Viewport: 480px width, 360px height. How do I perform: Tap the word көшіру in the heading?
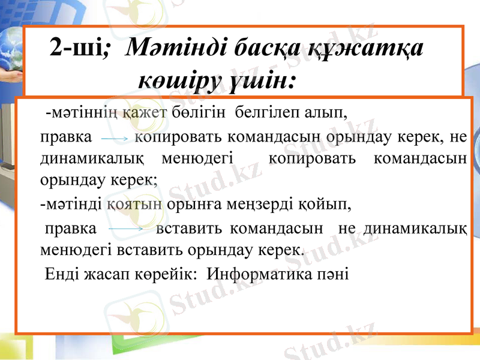point(178,78)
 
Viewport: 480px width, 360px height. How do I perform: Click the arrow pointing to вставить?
point(126,229)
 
